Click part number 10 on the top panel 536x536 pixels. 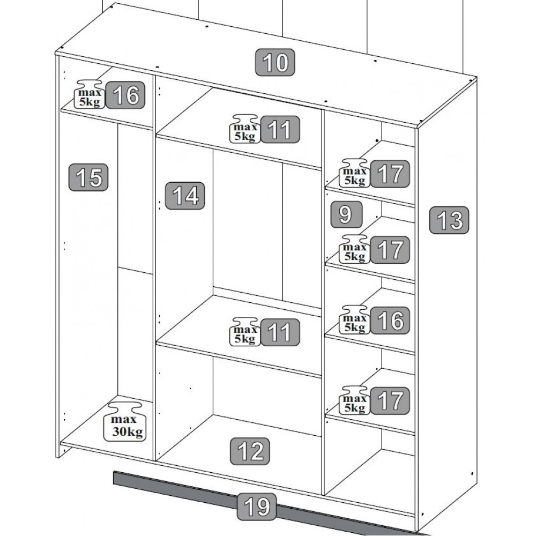coord(275,62)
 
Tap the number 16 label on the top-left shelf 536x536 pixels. coord(125,95)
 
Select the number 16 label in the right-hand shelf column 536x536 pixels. coord(390,321)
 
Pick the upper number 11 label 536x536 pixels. coord(280,130)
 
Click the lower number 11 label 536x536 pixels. coord(280,332)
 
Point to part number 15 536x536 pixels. coord(88,177)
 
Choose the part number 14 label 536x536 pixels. coord(185,196)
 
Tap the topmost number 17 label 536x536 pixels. coord(390,174)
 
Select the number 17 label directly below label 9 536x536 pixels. coord(390,250)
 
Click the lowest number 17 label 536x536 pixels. coord(390,400)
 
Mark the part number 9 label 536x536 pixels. coord(346,214)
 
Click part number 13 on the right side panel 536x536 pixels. coord(449,220)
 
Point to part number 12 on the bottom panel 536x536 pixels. coord(250,451)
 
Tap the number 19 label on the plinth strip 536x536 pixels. coord(257,507)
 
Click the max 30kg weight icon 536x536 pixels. coord(124,421)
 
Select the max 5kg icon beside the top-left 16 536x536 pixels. coord(89,94)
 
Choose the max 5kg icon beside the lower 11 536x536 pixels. coord(245,332)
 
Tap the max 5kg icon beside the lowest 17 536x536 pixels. coord(354,400)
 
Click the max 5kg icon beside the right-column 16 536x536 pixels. coord(354,319)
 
